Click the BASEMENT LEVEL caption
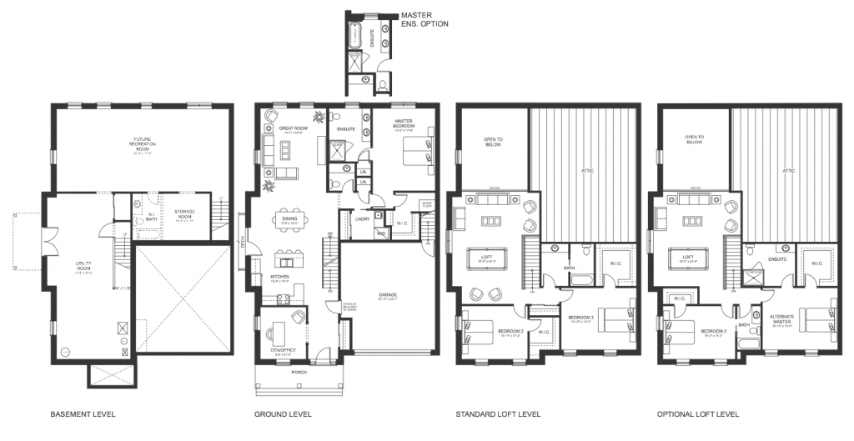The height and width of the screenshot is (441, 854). click(83, 414)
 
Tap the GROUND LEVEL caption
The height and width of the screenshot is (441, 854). click(283, 414)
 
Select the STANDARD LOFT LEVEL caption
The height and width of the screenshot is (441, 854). click(498, 414)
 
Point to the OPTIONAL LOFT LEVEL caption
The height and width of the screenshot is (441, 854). click(698, 414)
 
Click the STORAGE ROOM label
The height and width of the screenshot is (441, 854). click(184, 213)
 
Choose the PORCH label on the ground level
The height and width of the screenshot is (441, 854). click(299, 372)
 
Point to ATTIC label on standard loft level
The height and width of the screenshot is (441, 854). click(587, 172)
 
